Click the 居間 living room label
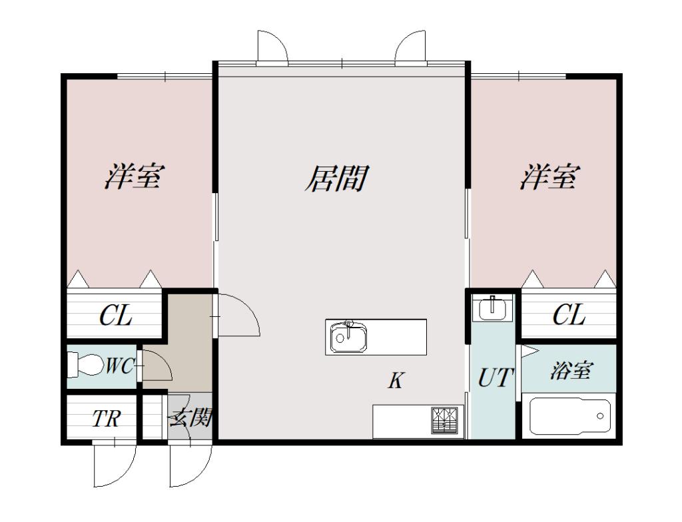click(337, 178)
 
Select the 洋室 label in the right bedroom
click(549, 177)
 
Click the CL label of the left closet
click(115, 316)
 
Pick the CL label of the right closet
click(569, 315)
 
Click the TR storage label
click(106, 419)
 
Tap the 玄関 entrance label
click(191, 418)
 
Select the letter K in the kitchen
click(396, 381)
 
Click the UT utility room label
click(495, 378)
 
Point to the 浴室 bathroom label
click(570, 371)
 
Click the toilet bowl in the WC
click(83, 365)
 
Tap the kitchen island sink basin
click(347, 338)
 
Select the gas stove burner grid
click(446, 420)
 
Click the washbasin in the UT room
click(493, 308)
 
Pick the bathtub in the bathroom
click(569, 416)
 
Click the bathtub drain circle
click(600, 416)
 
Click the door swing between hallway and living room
click(238, 316)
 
